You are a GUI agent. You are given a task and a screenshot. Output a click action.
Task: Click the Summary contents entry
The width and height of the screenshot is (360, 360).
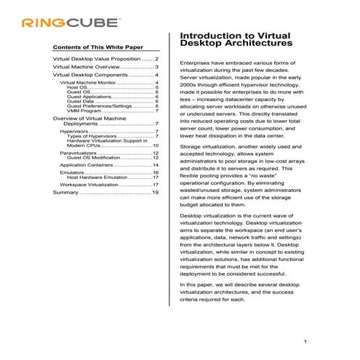pos(65,193)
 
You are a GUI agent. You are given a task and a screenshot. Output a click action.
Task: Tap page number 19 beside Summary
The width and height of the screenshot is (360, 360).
pos(155,193)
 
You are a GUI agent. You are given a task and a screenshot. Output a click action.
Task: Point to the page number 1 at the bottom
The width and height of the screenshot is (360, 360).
pos(305,342)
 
